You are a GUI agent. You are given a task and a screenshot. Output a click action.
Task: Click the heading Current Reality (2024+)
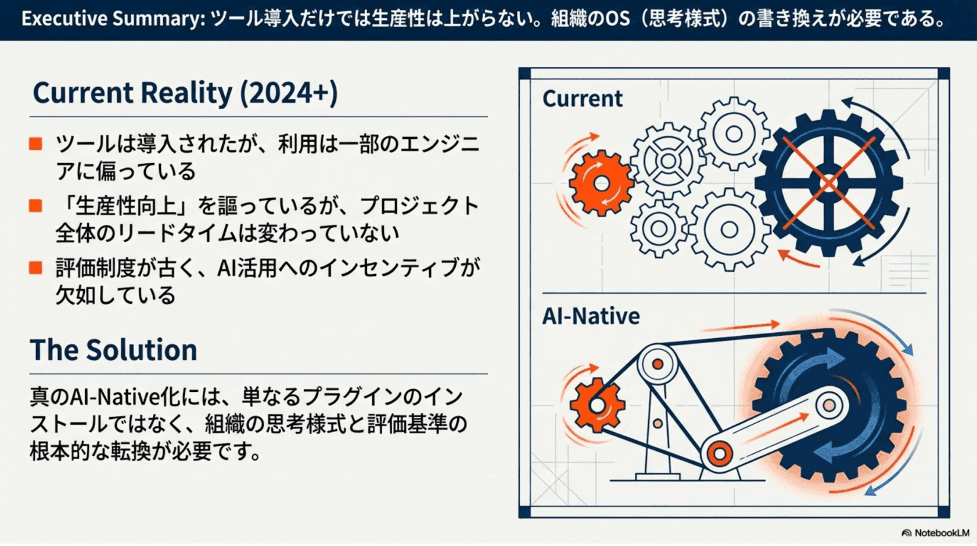pos(185,93)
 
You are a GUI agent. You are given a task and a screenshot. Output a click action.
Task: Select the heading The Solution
pos(113,350)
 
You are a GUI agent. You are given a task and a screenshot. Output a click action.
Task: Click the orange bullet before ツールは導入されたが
pos(36,143)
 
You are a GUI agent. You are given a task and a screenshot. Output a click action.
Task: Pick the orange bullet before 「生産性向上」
pos(36,206)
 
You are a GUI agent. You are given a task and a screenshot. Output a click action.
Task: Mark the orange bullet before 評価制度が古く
pos(36,267)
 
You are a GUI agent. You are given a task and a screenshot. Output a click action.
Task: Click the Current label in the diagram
pos(582,99)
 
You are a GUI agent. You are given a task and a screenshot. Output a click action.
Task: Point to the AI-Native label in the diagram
pos(591,316)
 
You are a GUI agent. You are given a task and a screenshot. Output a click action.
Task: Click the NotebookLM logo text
pos(941,533)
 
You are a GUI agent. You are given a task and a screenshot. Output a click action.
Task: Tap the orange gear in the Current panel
pos(601,184)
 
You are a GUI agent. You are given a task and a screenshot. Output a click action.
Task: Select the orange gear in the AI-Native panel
pos(597,405)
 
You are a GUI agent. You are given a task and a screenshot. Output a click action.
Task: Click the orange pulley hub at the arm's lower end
pos(719,454)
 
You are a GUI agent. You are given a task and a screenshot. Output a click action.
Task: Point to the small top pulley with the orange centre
pos(658,364)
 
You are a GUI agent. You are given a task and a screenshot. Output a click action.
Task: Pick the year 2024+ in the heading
pos(289,93)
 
